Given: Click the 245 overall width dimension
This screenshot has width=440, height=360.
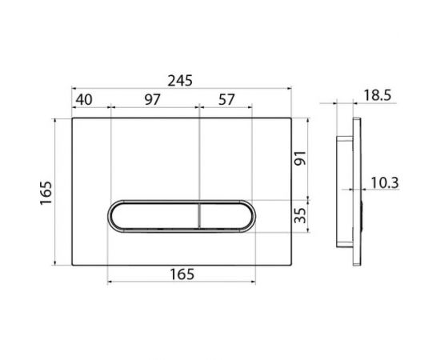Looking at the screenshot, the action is [x=180, y=81].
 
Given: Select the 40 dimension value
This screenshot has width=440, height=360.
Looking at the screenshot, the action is [x=84, y=100].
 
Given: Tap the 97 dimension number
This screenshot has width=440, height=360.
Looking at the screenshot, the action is [x=153, y=100].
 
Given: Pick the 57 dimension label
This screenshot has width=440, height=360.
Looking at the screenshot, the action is [x=226, y=100].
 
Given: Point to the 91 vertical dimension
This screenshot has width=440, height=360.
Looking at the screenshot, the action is [x=300, y=158].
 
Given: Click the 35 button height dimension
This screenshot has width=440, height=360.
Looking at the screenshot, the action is [x=300, y=215].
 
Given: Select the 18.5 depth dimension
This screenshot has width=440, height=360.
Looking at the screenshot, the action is [x=378, y=95].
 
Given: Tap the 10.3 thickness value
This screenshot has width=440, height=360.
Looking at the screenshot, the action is [x=385, y=183].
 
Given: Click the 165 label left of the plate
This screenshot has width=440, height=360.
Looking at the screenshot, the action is [x=46, y=193].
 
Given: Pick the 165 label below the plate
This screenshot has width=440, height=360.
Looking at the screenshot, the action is [x=182, y=274].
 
